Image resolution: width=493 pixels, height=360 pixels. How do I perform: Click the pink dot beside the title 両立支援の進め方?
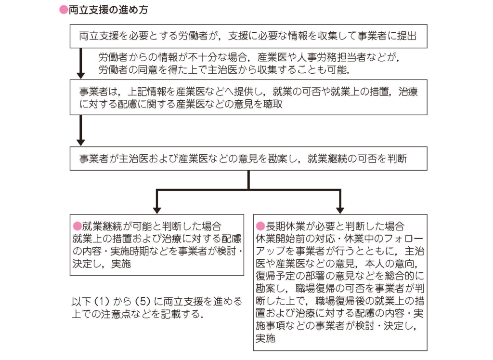64,10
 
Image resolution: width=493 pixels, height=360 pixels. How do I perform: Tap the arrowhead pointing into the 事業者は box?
81,76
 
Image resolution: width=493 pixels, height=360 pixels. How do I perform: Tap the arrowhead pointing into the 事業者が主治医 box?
81,143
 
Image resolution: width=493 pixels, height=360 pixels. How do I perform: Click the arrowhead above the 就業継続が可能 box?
157,211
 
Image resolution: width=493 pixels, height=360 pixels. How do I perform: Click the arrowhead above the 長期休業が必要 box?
340,211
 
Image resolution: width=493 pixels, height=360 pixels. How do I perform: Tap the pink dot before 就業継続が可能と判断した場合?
77,226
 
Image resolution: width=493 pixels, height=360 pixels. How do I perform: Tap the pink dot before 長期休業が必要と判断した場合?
260,226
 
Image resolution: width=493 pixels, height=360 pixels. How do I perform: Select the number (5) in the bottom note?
143,302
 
